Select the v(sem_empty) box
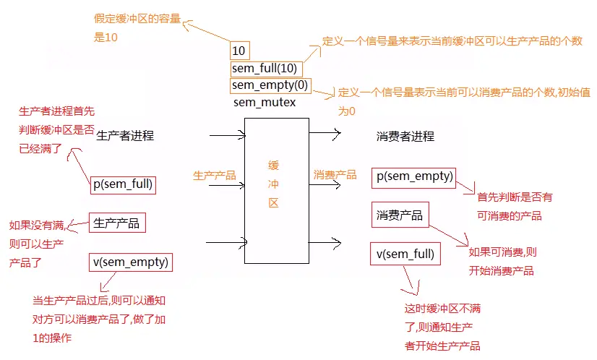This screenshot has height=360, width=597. click(131, 262)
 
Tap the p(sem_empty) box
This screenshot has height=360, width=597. click(414, 177)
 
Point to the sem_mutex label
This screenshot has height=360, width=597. click(265, 103)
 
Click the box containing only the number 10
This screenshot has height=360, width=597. click(239, 51)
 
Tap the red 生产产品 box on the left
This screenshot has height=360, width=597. click(116, 223)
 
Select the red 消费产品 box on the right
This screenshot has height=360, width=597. click(399, 215)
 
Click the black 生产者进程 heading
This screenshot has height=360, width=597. click(125, 135)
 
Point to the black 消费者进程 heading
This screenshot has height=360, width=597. click(405, 136)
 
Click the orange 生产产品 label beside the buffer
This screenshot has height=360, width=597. click(215, 175)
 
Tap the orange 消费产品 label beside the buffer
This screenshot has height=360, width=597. click(335, 175)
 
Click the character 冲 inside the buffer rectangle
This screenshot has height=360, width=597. click(273, 184)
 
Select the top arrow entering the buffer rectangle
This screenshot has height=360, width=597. click(228, 134)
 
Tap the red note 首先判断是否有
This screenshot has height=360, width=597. click(514, 197)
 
